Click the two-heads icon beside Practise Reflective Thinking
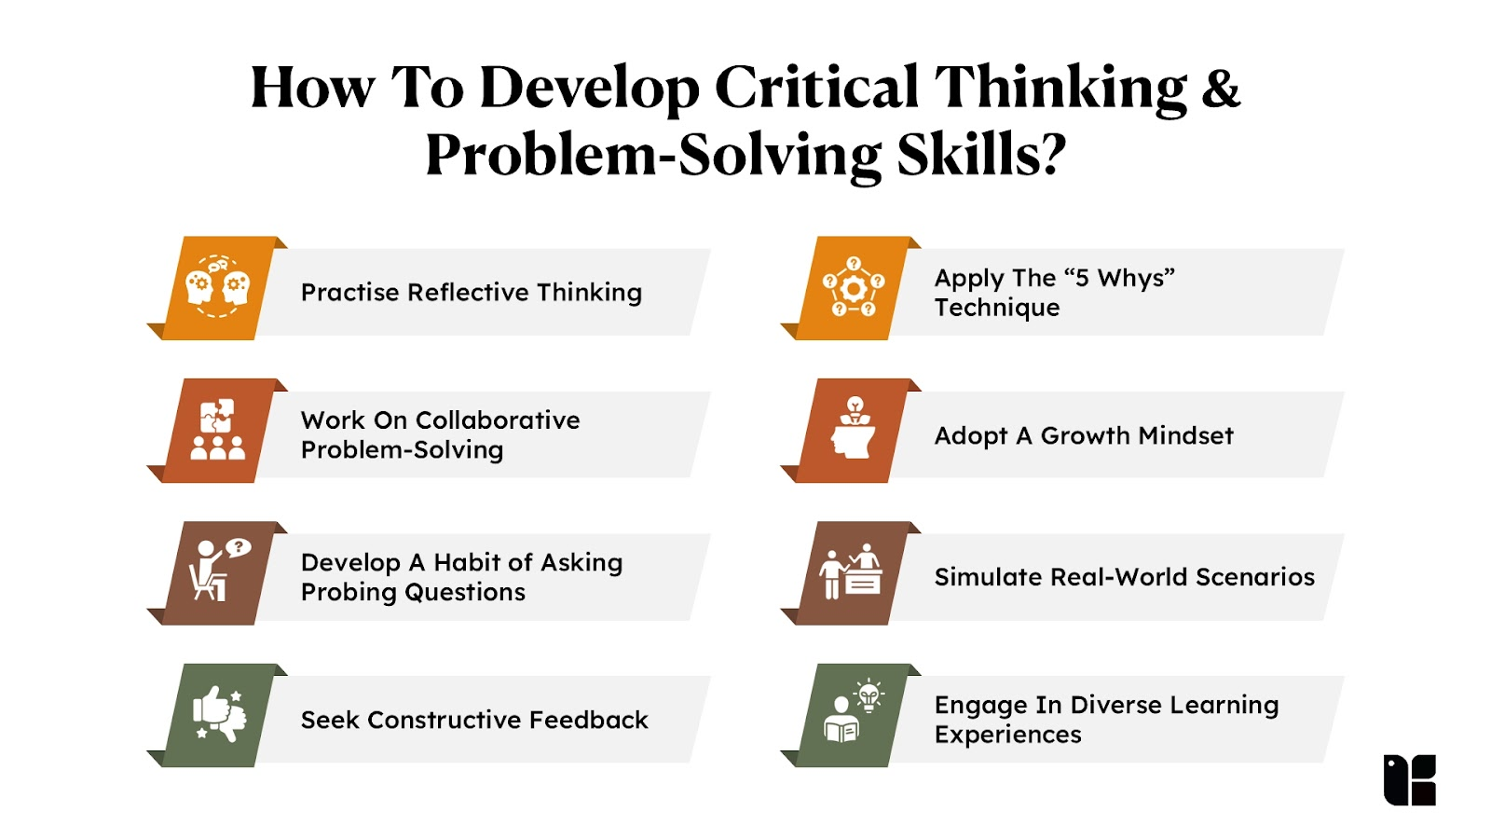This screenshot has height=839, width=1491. click(217, 287)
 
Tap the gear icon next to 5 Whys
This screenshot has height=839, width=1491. click(854, 288)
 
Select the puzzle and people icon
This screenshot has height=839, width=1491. click(217, 430)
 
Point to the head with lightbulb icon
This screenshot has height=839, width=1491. click(853, 428)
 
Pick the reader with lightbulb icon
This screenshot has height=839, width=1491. click(854, 711)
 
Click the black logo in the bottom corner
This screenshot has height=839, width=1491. click(1409, 779)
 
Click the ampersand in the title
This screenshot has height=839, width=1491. click(1221, 88)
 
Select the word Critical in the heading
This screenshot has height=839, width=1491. click(816, 88)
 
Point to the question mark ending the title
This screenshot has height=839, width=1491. click(1051, 155)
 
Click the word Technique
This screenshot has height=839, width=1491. click(996, 308)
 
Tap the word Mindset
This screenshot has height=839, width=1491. click(1185, 435)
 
